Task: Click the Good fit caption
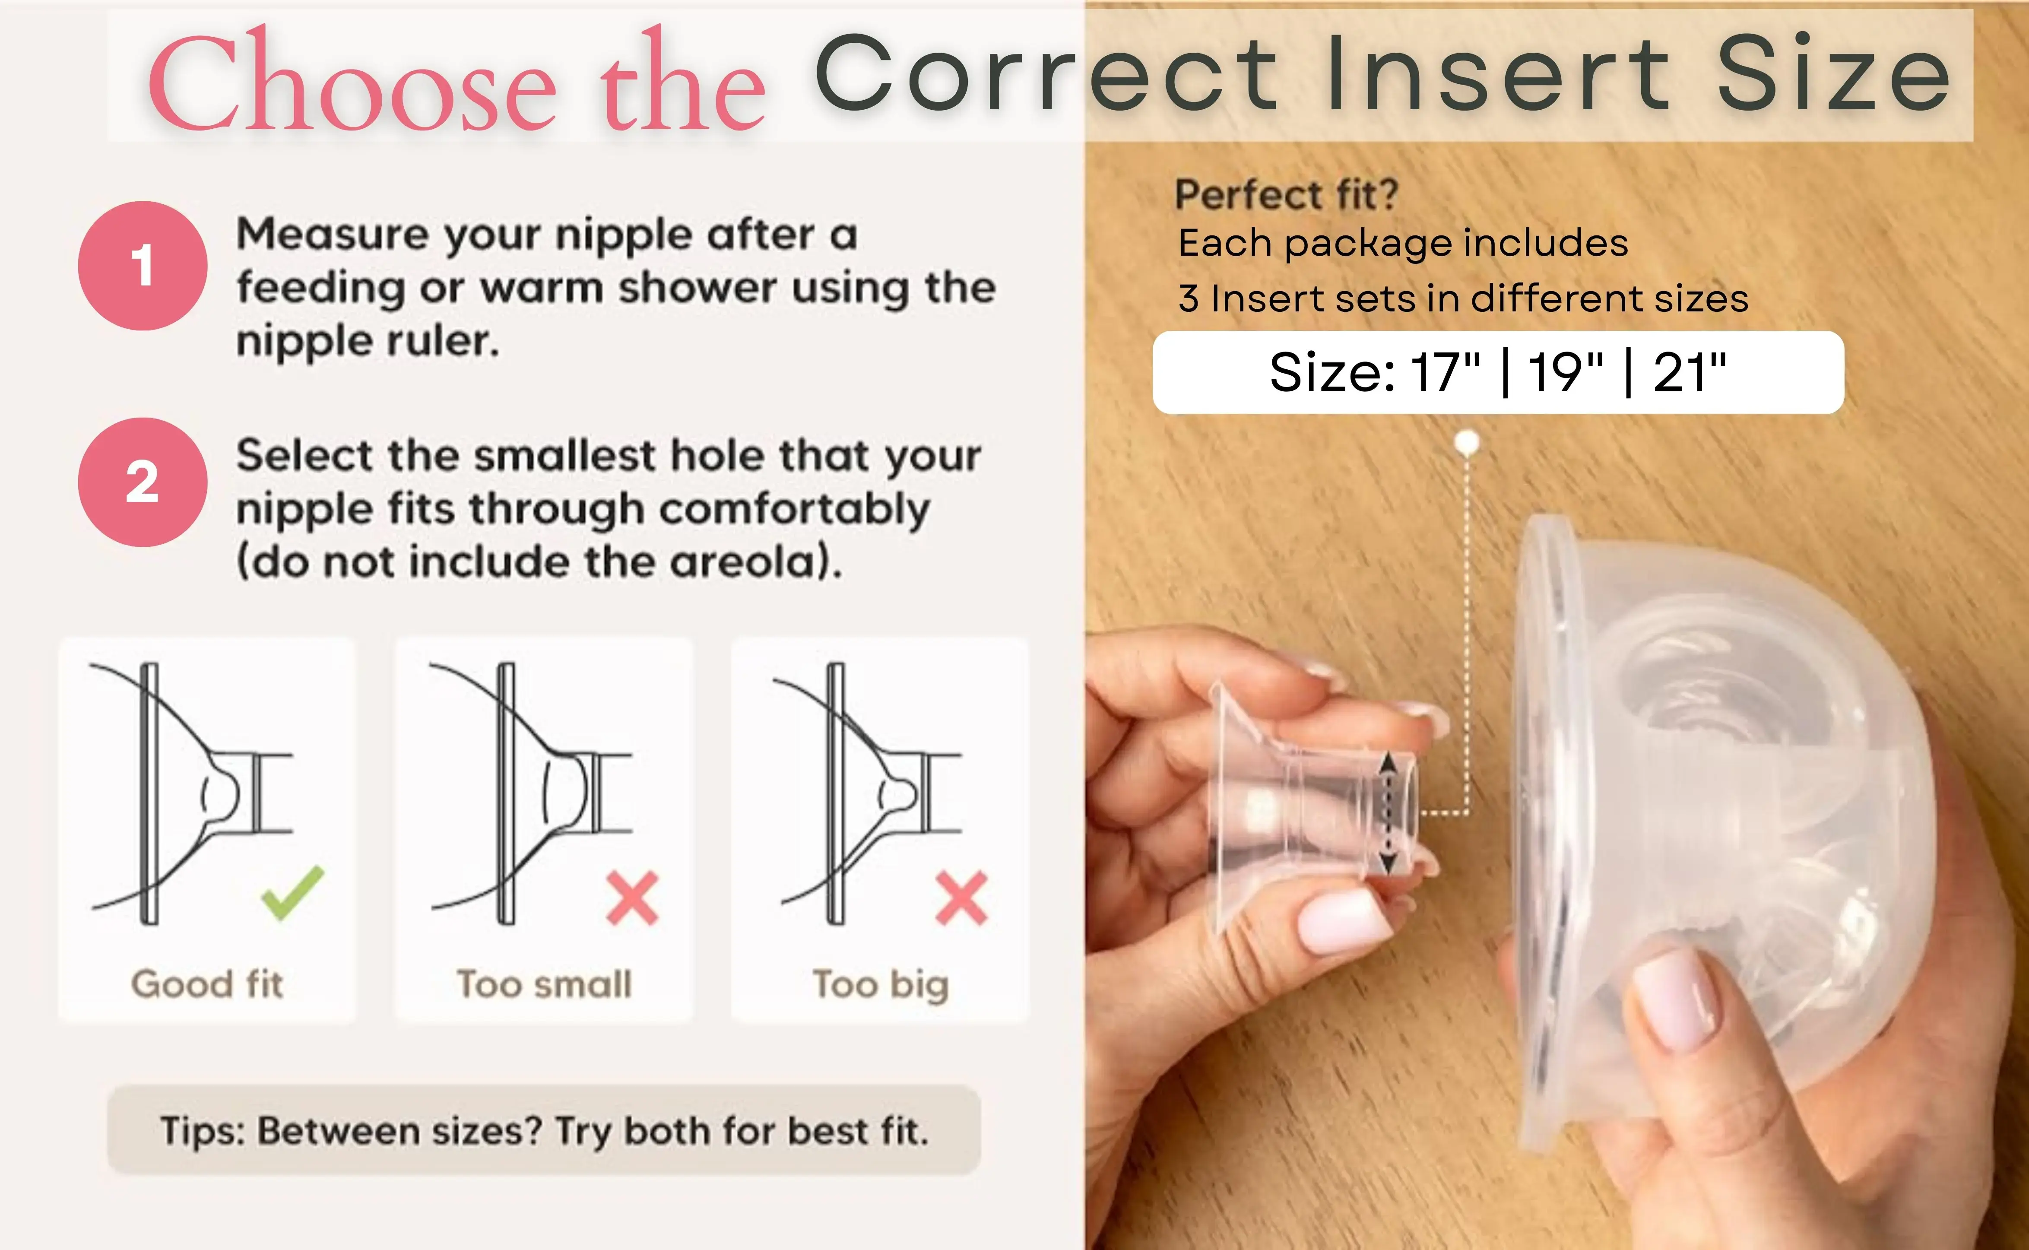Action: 207,984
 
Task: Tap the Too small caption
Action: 545,984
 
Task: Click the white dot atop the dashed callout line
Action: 1467,443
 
